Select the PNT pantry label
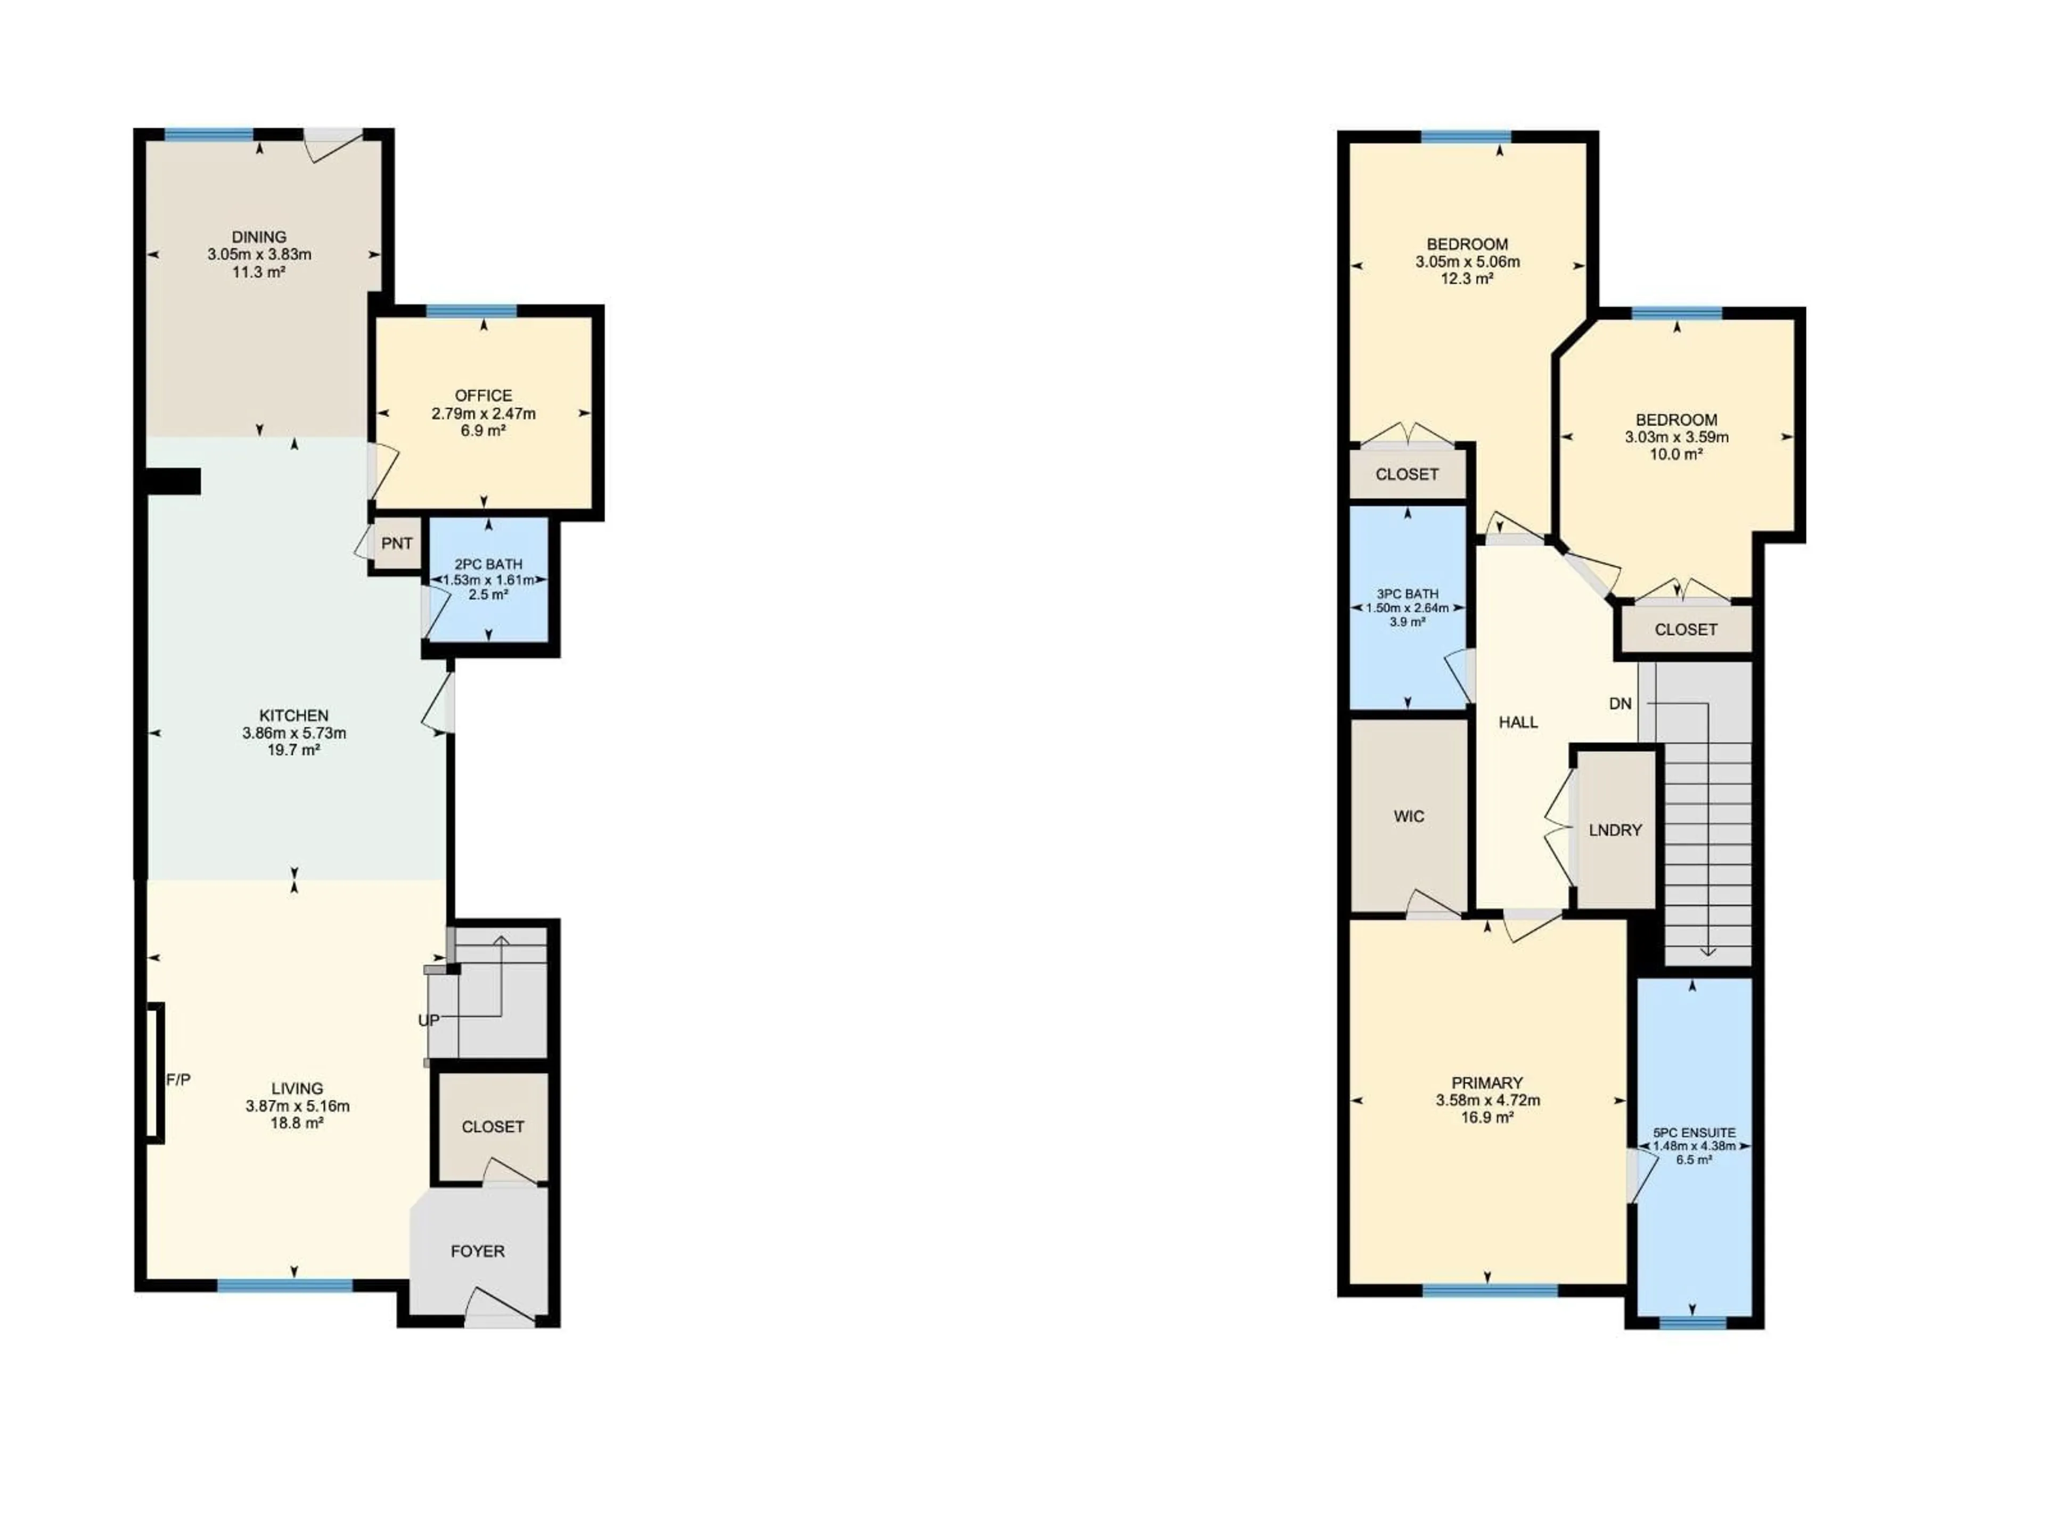click(x=397, y=544)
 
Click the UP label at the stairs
click(x=429, y=1020)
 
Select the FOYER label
click(x=478, y=1251)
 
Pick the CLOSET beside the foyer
click(x=493, y=1126)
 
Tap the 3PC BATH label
click(x=1407, y=594)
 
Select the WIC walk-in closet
click(x=1409, y=816)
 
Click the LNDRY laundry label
click(x=1615, y=830)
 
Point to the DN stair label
click(x=1619, y=704)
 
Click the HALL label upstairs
click(x=1518, y=723)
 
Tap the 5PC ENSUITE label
click(x=1694, y=1133)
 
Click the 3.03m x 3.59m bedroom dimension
click(x=1676, y=437)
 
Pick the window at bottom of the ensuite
click(x=1693, y=1323)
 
